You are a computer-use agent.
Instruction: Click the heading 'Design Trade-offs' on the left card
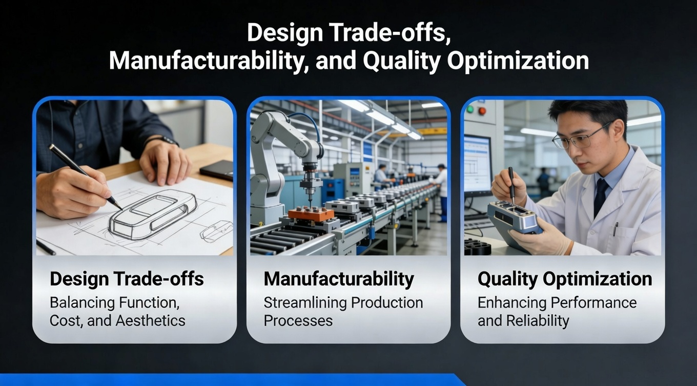pos(127,279)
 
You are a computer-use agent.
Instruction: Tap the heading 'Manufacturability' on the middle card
pos(339,279)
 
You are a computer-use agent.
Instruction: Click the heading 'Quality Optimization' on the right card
pos(564,279)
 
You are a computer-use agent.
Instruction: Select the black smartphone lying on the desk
pos(217,170)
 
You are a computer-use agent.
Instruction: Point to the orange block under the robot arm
pos(311,214)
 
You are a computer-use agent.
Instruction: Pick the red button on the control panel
pos(482,110)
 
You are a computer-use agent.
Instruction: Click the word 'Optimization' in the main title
pos(518,61)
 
